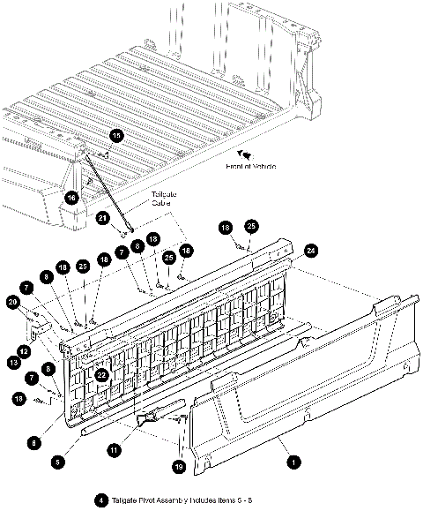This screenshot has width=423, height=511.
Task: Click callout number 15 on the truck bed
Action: coord(116,135)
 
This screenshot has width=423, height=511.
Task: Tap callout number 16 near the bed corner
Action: coord(71,197)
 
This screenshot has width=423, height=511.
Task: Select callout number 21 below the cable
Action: coord(103,217)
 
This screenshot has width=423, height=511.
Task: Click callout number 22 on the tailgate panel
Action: coord(102,374)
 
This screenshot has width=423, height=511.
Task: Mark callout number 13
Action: coord(14,362)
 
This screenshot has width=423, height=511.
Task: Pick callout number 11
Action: coord(114,450)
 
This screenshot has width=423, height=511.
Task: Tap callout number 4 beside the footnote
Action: coord(102,500)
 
